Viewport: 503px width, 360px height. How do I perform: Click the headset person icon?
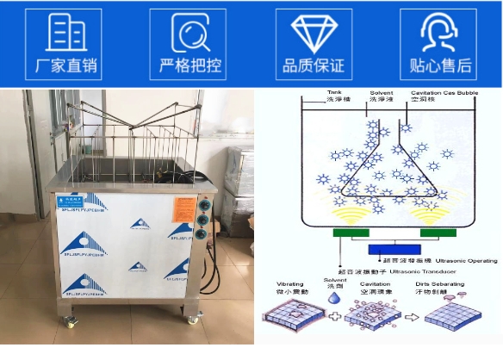coord(439,33)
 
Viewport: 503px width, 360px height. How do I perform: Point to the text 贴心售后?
coord(439,66)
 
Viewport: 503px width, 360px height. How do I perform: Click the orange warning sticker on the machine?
coord(185,207)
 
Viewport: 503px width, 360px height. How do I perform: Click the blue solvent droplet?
coord(332,297)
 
